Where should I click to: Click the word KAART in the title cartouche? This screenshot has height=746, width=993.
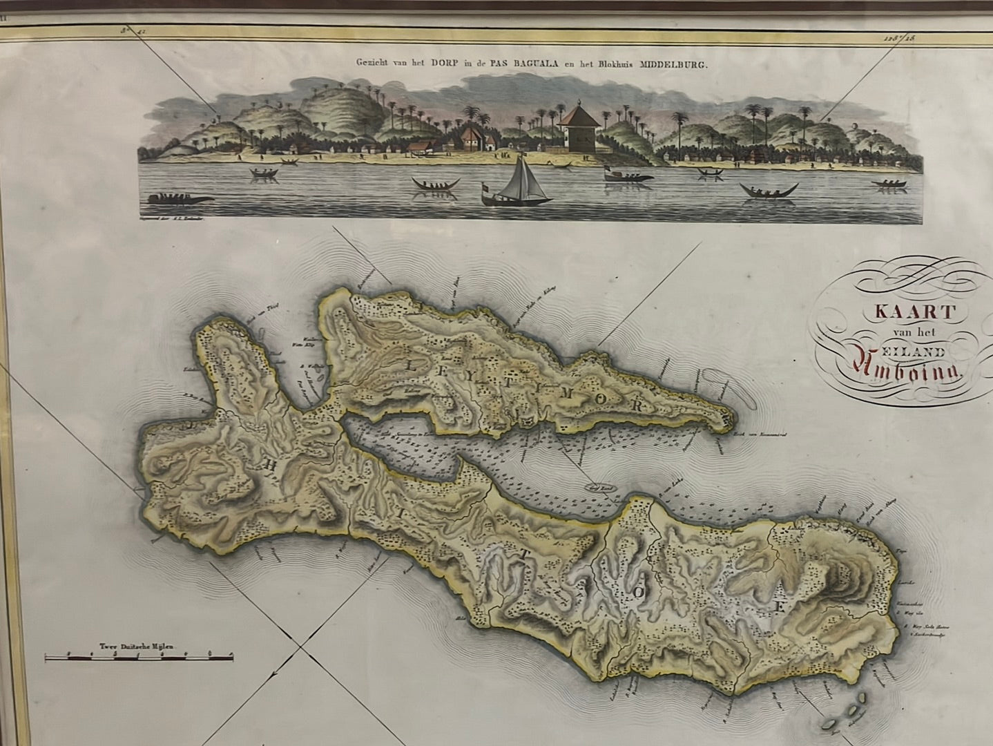coord(914,310)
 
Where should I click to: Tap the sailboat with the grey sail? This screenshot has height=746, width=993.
coord(523,182)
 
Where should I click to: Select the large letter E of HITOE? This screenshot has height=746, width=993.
coord(780,609)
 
